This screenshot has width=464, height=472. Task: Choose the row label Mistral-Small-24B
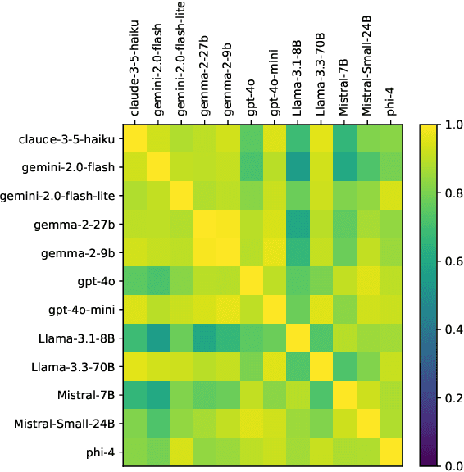click(62, 424)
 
